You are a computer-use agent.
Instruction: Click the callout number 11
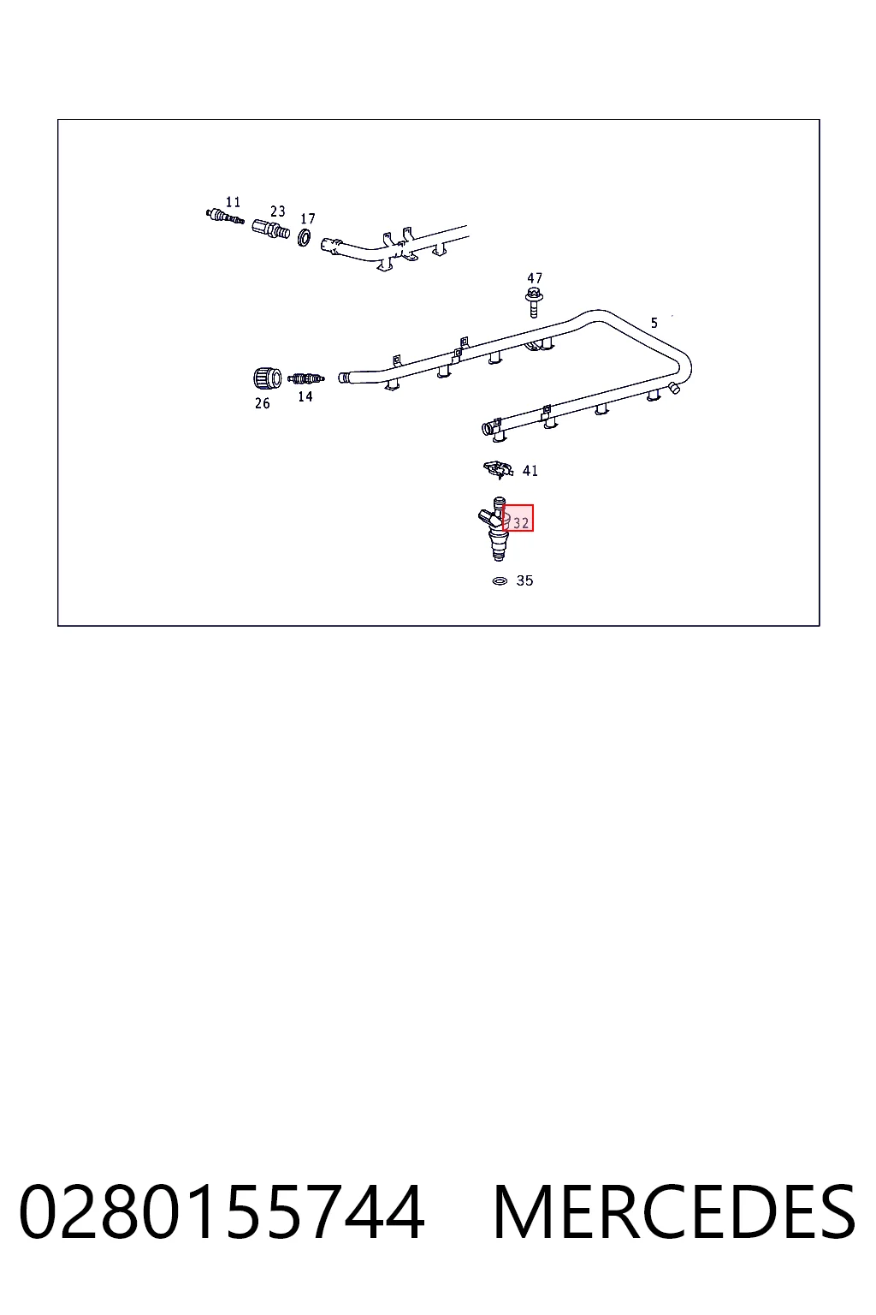point(233,202)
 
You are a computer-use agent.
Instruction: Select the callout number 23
point(277,211)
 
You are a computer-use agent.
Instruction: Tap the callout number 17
point(307,218)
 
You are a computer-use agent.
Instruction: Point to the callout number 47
point(535,277)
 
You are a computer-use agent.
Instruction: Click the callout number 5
point(654,322)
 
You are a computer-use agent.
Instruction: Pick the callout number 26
point(263,403)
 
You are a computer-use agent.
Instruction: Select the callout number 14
point(305,396)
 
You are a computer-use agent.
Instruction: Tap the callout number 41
point(530,470)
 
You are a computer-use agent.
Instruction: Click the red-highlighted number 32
point(521,522)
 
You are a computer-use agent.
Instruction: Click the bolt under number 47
point(533,301)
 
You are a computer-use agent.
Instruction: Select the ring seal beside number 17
point(304,237)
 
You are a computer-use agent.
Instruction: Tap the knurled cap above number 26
point(267,378)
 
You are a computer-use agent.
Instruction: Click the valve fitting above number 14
point(305,378)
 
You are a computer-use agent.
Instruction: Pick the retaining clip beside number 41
point(498,469)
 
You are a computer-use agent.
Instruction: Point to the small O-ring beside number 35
point(500,580)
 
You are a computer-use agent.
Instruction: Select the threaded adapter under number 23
point(271,229)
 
